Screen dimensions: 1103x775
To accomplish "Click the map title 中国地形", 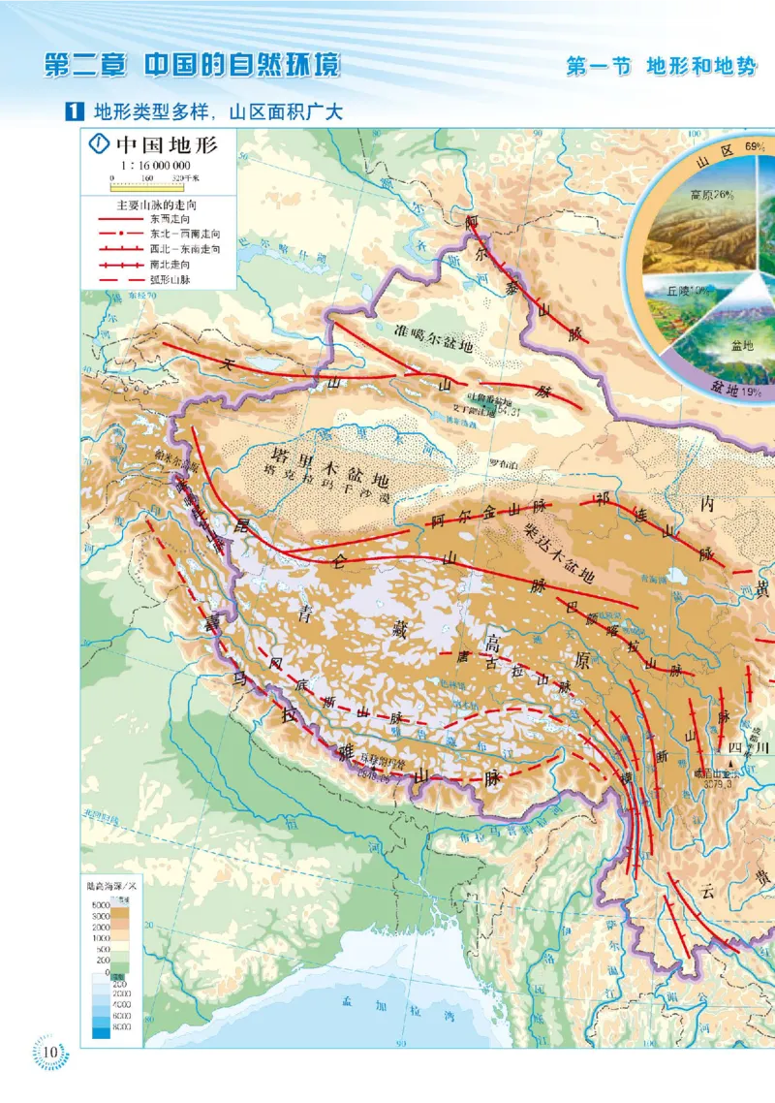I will click(x=166, y=145).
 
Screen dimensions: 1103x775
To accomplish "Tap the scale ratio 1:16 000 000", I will click(x=155, y=165).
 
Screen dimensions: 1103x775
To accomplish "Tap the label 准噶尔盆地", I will click(x=434, y=336).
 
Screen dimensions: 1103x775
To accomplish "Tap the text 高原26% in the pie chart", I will click(x=711, y=194).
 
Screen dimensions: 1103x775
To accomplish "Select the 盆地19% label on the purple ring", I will click(x=737, y=390).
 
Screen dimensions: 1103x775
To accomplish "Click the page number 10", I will click(x=50, y=1052).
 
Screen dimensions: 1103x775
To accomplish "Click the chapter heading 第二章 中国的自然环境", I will click(x=193, y=67).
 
